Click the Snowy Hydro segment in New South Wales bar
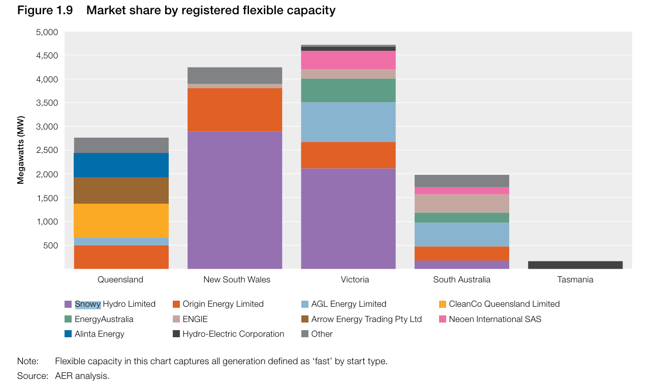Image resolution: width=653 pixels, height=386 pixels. point(235,200)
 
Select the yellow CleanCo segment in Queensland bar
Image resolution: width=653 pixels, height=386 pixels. point(121,220)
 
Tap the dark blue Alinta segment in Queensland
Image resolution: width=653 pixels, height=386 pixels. point(121,165)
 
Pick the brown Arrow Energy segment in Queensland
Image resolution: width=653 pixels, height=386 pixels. point(121,190)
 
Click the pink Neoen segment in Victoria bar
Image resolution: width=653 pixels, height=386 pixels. point(348,60)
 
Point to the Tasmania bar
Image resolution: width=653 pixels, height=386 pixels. point(575,265)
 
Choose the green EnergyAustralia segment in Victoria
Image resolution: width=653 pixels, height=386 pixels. point(348,90)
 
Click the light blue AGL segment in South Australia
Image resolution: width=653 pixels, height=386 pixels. point(462,235)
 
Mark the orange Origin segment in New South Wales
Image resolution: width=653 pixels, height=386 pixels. point(235,110)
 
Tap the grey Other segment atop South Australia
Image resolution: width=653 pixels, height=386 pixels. point(462,181)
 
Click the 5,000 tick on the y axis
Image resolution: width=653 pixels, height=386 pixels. point(47,33)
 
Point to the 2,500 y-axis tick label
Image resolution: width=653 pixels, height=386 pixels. point(47,151)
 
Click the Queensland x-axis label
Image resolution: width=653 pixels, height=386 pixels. point(120,280)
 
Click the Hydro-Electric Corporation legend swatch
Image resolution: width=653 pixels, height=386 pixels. point(176,334)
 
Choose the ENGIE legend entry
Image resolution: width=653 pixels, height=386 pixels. point(195,319)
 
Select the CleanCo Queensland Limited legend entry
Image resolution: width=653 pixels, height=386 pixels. point(504,304)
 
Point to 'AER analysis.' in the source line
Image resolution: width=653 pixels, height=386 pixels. point(82,376)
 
